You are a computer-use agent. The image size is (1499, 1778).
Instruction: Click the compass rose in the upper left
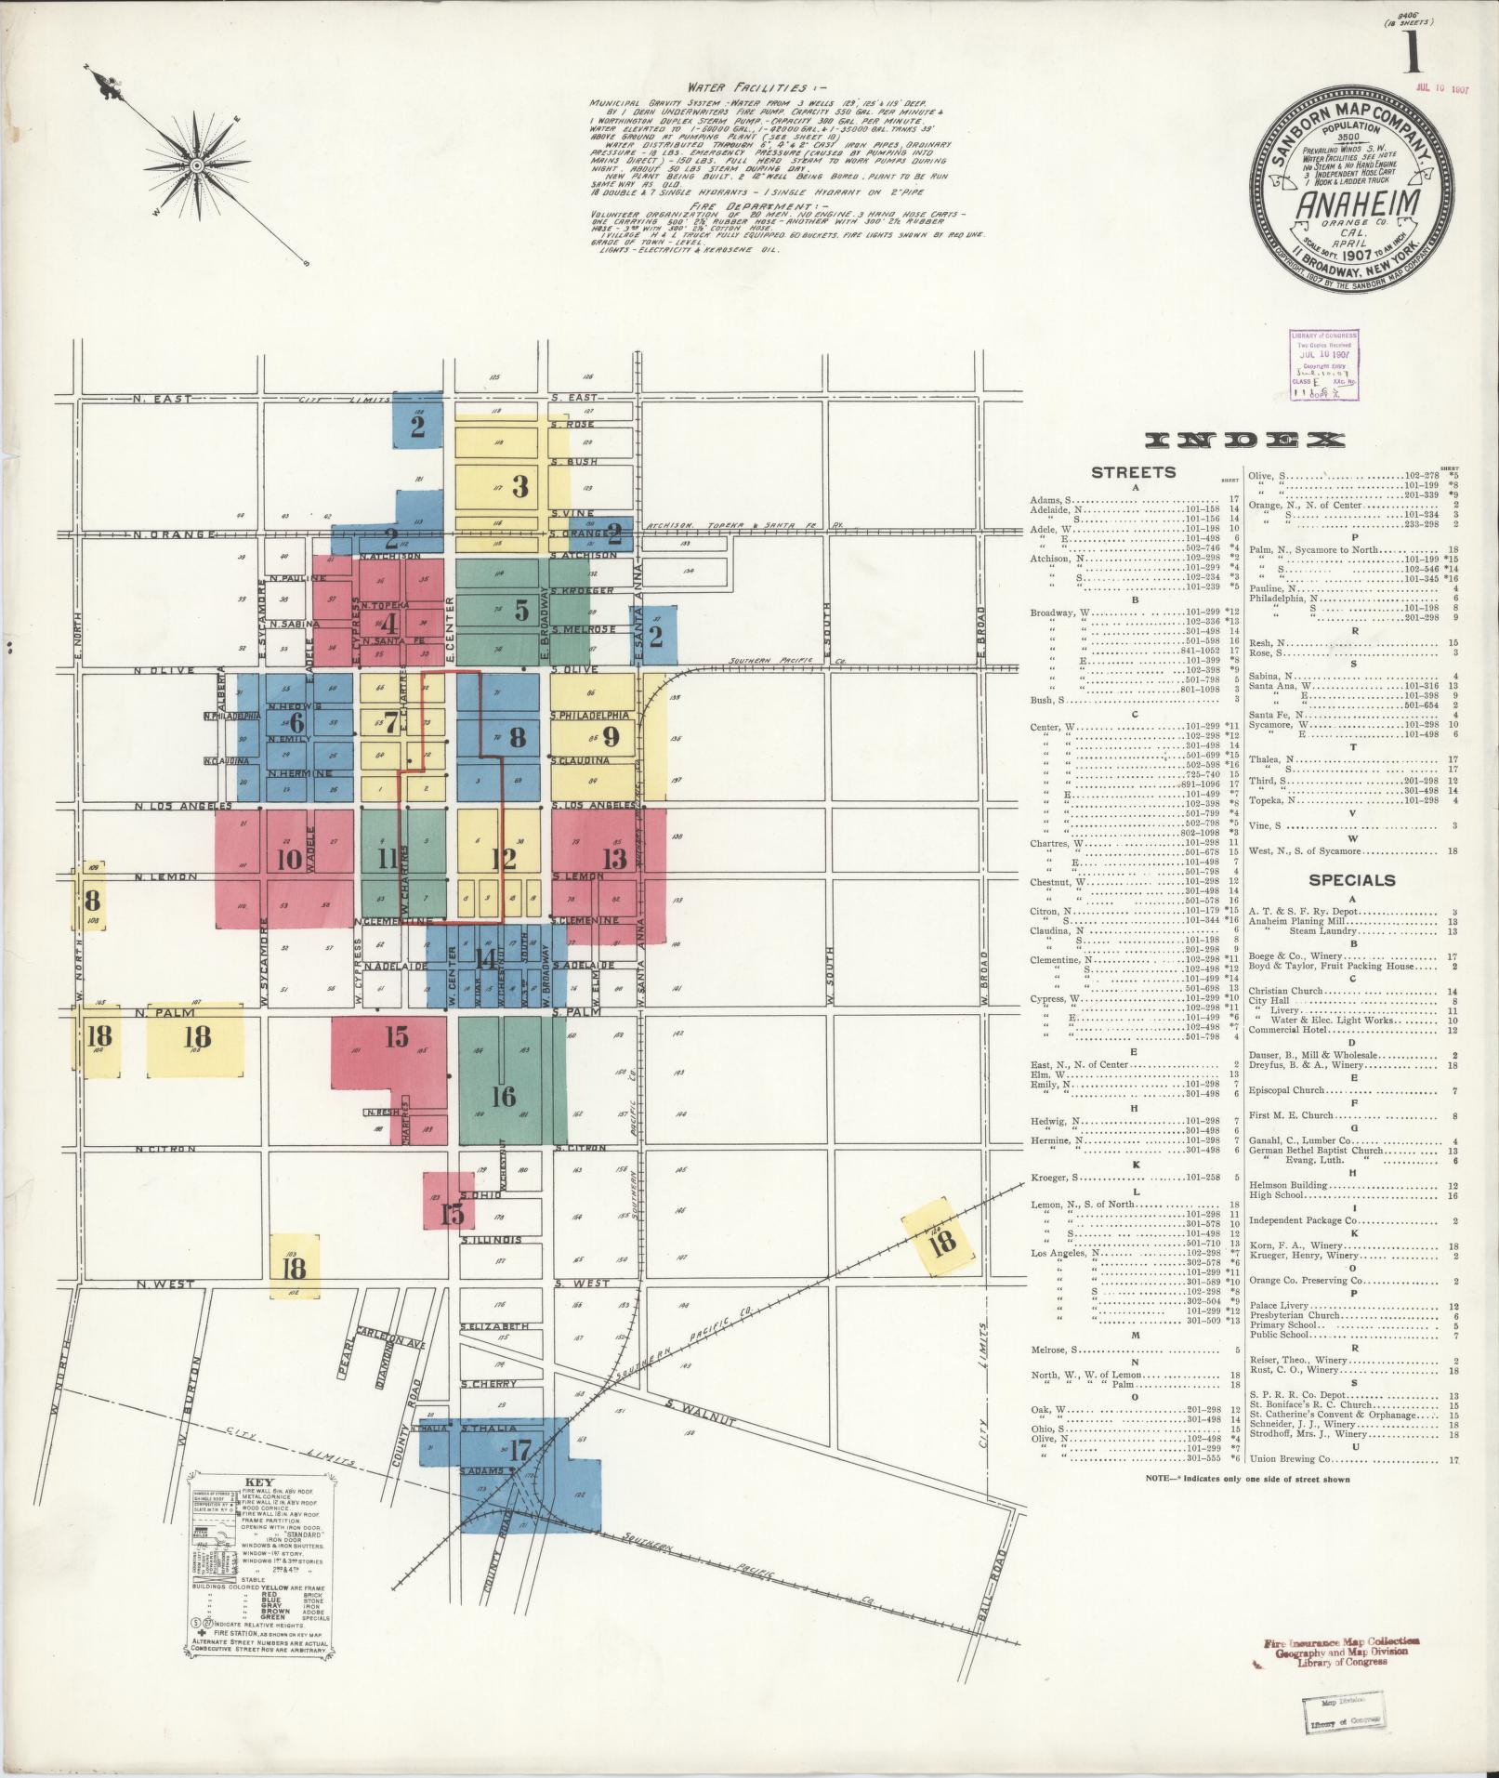tap(197, 165)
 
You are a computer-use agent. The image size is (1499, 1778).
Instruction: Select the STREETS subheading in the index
tap(1132, 472)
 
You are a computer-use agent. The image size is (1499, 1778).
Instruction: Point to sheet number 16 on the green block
tap(503, 1097)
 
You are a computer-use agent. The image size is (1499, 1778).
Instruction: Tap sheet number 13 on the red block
tap(614, 858)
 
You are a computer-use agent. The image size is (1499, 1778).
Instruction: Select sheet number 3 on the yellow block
tap(520, 485)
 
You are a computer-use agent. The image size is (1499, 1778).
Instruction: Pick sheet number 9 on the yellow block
tap(611, 736)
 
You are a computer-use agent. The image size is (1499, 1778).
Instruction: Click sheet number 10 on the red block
tap(289, 858)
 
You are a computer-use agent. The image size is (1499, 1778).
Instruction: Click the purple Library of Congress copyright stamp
tap(1322, 363)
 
